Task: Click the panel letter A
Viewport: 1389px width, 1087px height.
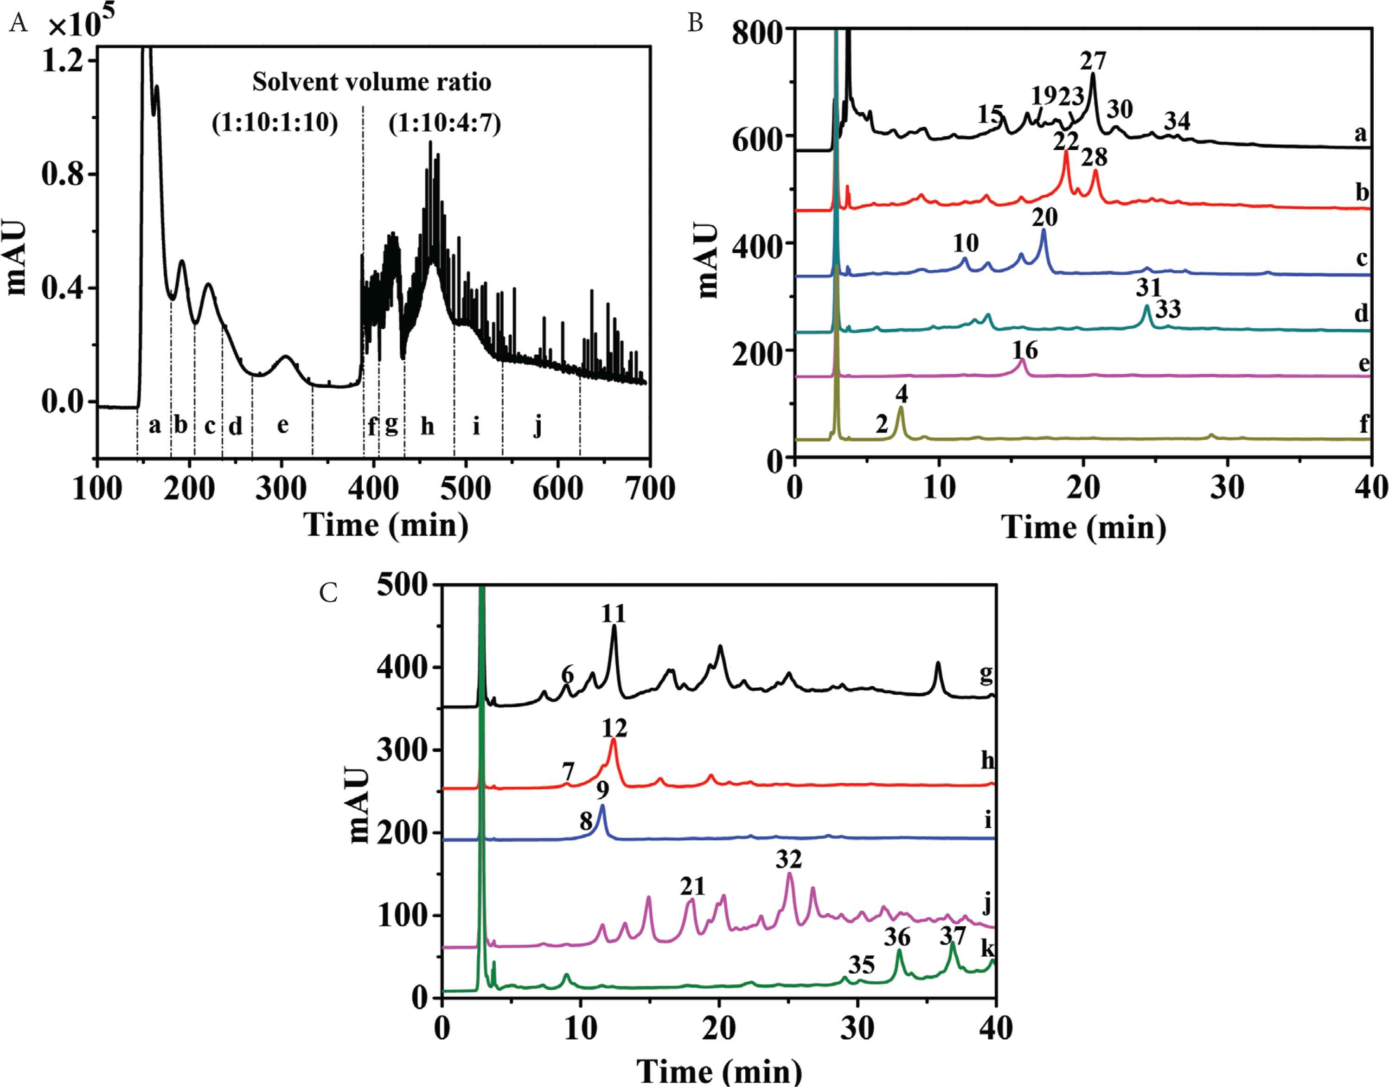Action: [19, 24]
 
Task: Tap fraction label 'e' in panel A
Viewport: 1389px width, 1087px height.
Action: [282, 425]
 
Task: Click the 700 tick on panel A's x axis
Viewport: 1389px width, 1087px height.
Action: [649, 489]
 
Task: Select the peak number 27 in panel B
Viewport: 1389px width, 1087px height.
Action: [1093, 61]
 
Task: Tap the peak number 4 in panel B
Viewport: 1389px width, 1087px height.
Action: [901, 395]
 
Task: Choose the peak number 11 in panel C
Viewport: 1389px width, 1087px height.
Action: [614, 614]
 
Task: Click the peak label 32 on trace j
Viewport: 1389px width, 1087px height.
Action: [789, 860]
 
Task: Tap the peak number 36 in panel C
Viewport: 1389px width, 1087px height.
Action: [897, 937]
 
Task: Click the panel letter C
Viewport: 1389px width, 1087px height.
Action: [328, 593]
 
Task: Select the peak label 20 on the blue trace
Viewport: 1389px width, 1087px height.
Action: [1044, 217]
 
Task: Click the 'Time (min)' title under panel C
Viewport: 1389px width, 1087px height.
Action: [719, 1072]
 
